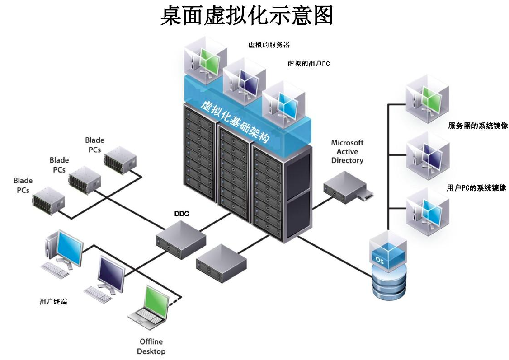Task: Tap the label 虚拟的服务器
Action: point(269,45)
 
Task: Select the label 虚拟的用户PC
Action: point(308,64)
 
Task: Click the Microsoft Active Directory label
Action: point(347,151)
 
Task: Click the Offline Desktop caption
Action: point(151,346)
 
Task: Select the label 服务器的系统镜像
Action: point(477,126)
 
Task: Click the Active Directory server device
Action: point(346,187)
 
